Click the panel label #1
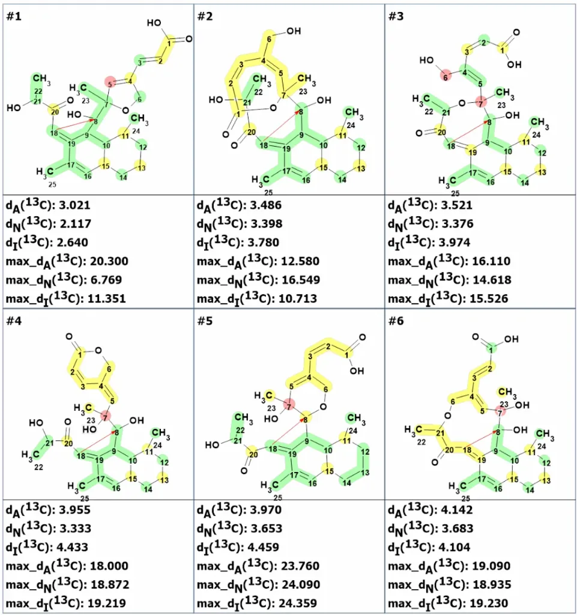click(x=14, y=16)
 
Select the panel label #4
click(x=14, y=321)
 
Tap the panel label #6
click(x=396, y=321)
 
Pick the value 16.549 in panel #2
click(x=301, y=280)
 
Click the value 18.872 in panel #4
click(x=110, y=585)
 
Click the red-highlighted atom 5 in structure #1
click(x=110, y=83)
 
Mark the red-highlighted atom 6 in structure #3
click(x=446, y=77)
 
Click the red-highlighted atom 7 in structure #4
click(x=105, y=417)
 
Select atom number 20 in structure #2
click(x=251, y=132)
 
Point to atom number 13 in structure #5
click(x=365, y=473)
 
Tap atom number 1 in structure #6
click(x=491, y=350)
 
